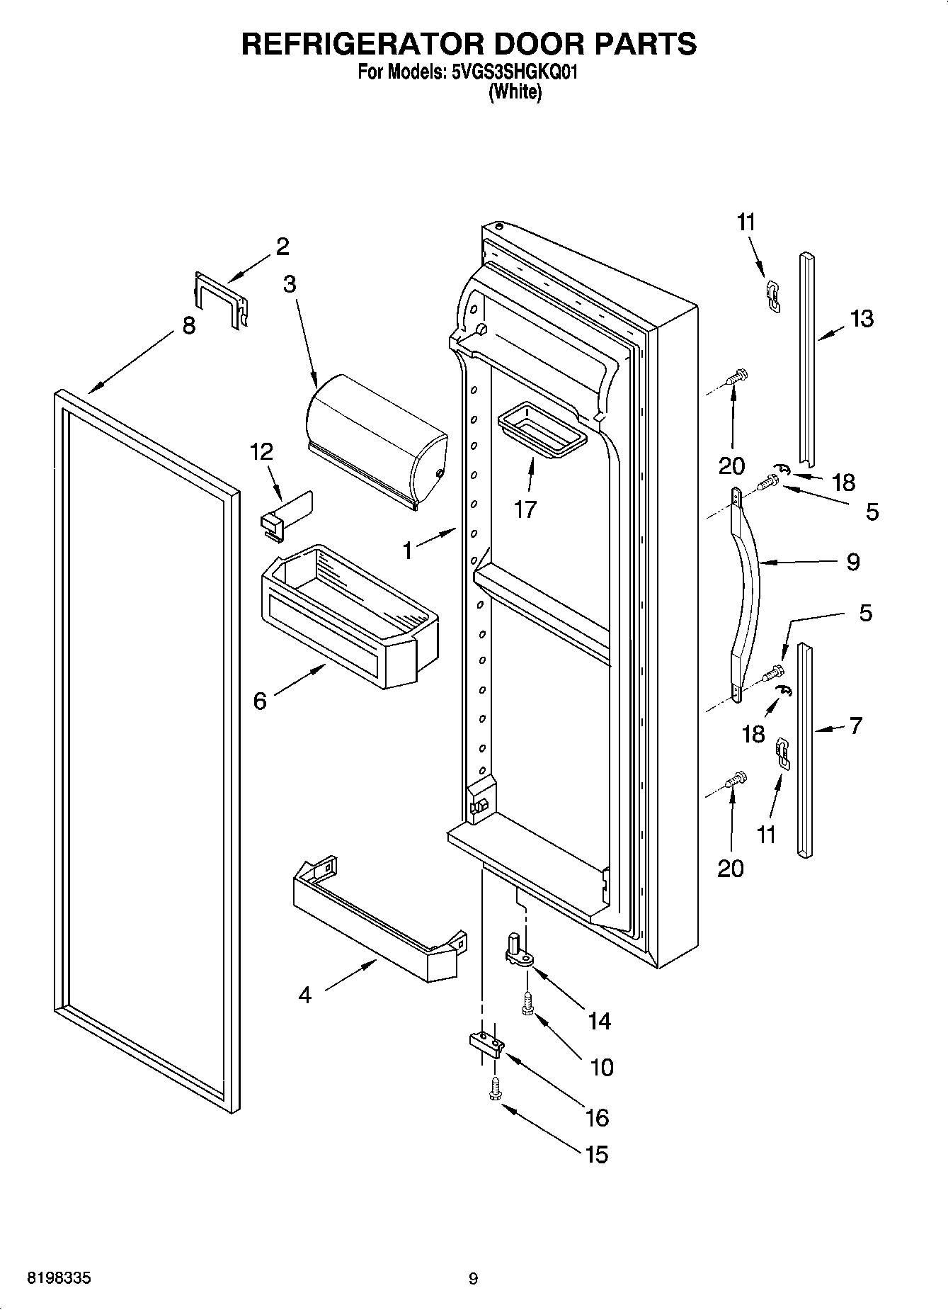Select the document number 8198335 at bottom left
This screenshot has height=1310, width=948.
click(x=58, y=1278)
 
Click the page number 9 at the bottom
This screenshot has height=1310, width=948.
click(x=473, y=1279)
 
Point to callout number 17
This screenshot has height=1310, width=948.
click(x=525, y=509)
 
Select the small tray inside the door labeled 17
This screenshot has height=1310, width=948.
click(x=542, y=431)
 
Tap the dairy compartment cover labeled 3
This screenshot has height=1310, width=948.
click(x=375, y=439)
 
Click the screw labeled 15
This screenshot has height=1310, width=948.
click(x=495, y=1089)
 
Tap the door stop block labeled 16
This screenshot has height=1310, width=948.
click(x=486, y=1043)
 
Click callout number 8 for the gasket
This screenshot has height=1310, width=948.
click(x=188, y=327)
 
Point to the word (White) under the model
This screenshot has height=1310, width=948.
click(x=515, y=91)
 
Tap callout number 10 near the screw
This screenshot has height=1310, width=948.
click(x=602, y=1067)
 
